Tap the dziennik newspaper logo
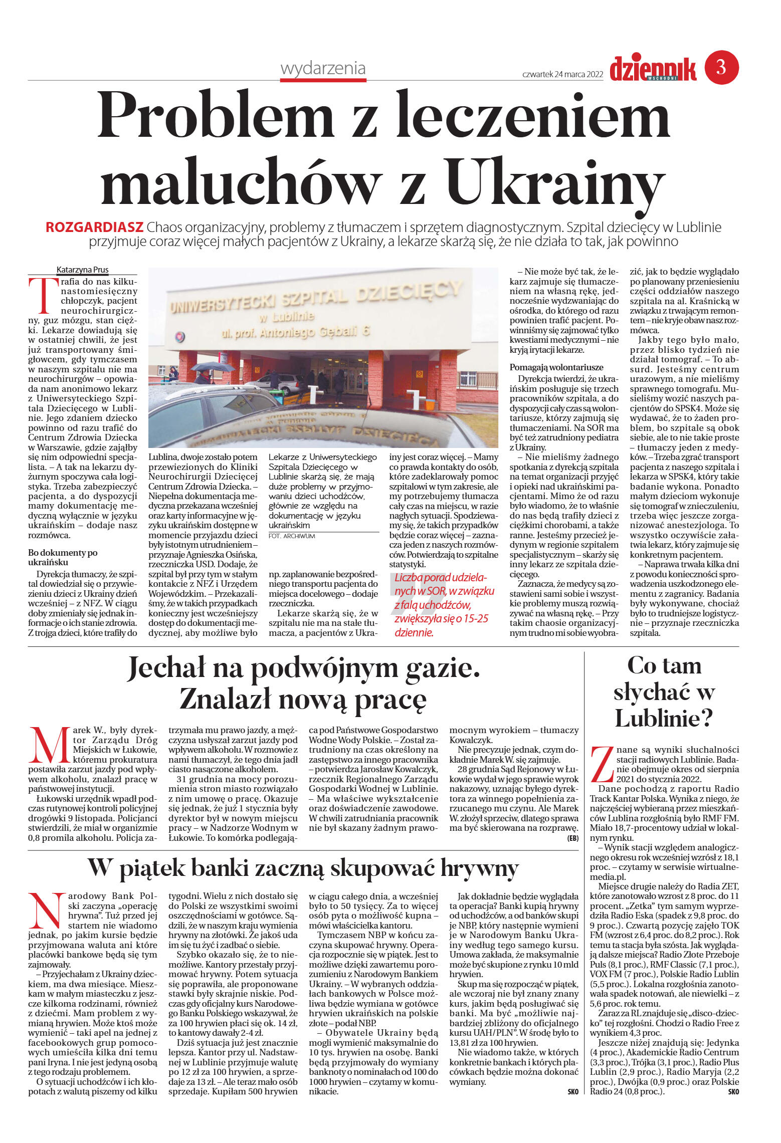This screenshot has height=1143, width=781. coord(653,69)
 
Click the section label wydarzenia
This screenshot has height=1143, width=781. coord(323,68)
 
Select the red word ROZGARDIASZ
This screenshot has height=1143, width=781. coord(94,227)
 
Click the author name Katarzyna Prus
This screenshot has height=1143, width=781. coord(82,270)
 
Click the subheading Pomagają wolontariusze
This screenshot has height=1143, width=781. coord(556,367)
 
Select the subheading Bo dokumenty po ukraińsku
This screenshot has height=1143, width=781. coord(63,557)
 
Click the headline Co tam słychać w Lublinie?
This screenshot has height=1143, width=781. coord(664,692)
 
